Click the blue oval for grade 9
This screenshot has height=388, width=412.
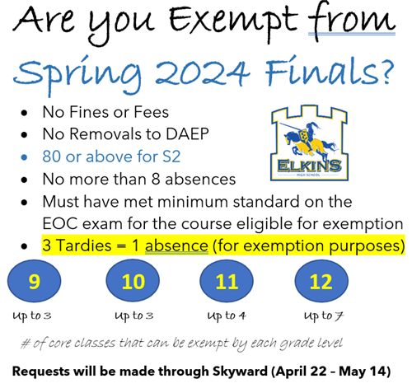pos(34,282)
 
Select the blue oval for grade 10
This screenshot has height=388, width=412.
pos(133,282)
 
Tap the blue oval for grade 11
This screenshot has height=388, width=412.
pos(226,282)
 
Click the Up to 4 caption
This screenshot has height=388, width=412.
pos(226,316)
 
